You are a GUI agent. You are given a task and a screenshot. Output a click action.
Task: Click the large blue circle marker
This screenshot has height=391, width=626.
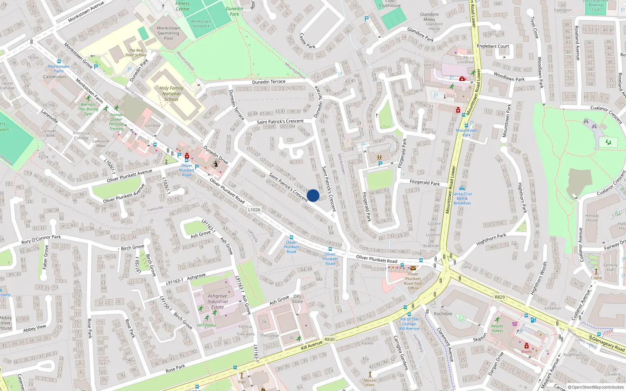coord(313,195)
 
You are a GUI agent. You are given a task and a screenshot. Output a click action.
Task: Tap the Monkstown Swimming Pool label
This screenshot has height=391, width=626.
coord(168,33)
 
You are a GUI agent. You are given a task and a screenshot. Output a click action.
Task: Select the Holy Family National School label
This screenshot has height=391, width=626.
coord(171,94)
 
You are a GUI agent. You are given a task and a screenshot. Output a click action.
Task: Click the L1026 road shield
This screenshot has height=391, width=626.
coord(254,210)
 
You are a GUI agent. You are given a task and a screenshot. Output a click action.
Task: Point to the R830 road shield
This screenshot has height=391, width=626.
coord(329,339)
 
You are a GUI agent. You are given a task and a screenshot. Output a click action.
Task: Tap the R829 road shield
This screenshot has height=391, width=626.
coord(500,297)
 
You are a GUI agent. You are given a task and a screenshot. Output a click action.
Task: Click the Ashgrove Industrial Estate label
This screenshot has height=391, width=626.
coord(218,301)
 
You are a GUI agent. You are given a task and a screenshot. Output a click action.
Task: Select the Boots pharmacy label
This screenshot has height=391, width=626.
coord(526,352)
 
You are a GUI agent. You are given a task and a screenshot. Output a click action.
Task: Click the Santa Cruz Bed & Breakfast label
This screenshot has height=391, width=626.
coord(462,198)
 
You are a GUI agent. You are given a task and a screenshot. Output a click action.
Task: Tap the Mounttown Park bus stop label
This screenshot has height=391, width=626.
coord(466,133)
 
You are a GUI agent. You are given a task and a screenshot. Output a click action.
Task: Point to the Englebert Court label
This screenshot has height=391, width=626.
coord(493,46)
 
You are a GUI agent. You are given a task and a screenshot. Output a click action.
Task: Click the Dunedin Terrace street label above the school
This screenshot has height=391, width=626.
coord(268,82)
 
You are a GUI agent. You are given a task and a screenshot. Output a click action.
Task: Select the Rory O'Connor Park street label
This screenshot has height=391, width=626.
coord(41,239)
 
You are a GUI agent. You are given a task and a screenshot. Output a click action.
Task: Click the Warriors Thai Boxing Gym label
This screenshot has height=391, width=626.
coord(88,109)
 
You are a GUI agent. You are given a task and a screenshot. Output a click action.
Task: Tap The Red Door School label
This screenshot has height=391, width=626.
coord(135,53)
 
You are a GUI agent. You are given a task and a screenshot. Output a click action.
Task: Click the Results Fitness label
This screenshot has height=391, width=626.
coord(497,328)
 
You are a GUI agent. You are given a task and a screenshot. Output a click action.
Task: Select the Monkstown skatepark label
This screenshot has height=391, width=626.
coord(201,24)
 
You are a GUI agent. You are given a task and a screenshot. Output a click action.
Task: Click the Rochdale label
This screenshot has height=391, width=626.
coord(443,314)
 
